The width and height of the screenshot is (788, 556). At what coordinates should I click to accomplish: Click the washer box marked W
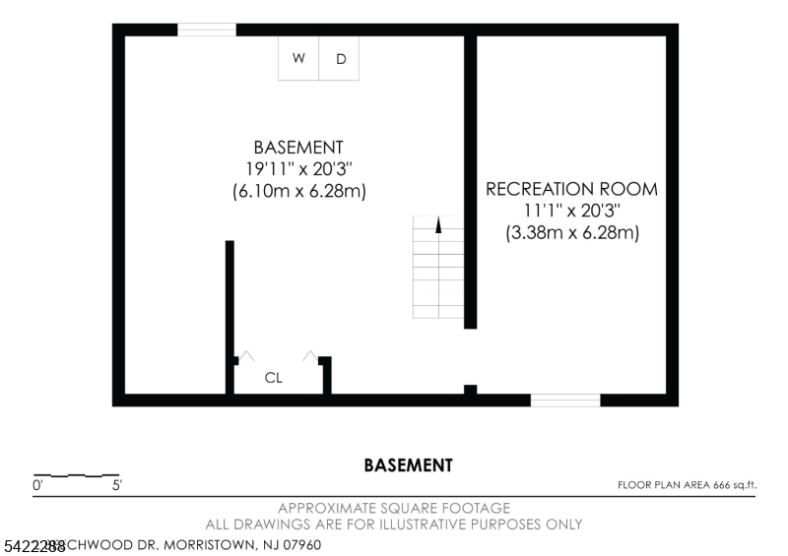297,58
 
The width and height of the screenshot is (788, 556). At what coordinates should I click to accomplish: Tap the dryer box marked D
341,58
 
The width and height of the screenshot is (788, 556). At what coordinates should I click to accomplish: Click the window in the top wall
206,30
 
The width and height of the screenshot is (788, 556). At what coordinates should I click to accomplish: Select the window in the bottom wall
565,400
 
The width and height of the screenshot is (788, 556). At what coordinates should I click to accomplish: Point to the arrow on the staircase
438,224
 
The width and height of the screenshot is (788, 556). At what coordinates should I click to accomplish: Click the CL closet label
274,377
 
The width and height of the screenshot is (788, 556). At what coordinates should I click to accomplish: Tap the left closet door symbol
245,356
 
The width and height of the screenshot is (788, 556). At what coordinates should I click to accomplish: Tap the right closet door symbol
310,356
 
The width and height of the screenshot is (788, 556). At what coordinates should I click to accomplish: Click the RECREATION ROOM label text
571,189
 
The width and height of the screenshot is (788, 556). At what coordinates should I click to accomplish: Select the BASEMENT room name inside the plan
298,148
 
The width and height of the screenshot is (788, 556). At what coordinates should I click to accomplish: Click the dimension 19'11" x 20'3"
298,169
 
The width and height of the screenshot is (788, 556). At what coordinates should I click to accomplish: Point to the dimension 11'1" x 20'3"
571,211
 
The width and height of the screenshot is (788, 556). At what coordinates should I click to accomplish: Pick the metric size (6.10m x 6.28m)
298,192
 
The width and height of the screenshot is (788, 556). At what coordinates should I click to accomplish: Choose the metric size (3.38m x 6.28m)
571,233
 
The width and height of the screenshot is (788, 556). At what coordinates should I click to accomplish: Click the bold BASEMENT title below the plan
408,465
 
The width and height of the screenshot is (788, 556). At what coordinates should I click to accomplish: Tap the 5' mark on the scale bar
116,485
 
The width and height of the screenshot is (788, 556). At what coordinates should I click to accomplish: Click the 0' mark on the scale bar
38,485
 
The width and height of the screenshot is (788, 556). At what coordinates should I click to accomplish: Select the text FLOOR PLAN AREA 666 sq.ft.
686,485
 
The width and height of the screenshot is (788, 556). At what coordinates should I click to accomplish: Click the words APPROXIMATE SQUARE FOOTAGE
394,509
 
